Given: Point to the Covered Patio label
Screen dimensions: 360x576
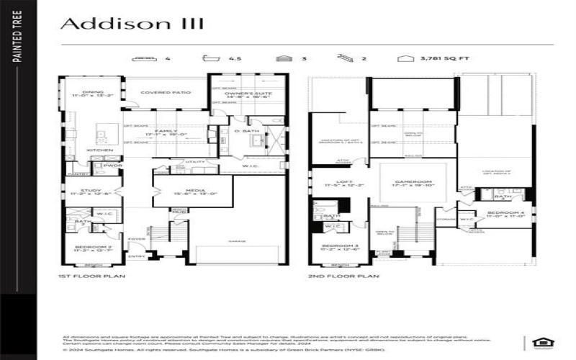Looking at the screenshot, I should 165,92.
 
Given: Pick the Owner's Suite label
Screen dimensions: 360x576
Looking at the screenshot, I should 238,94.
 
